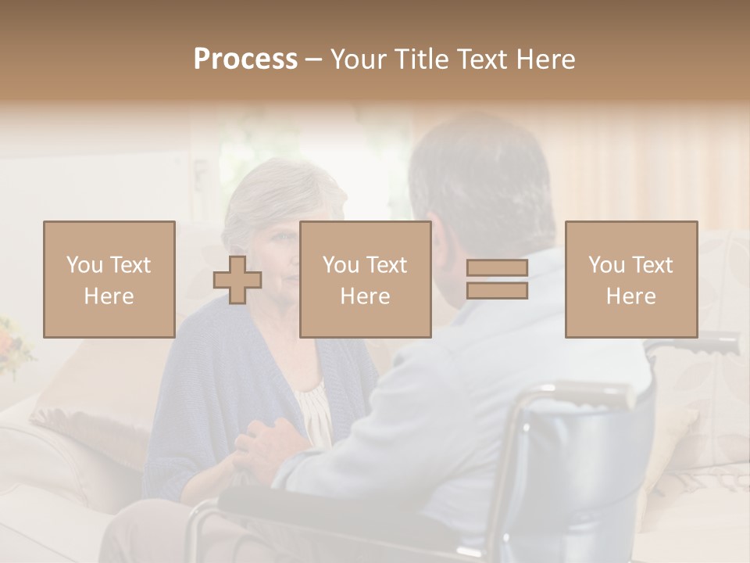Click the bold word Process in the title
[x=245, y=59]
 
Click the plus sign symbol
[x=237, y=280]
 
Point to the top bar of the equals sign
[x=497, y=268]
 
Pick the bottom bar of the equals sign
[x=497, y=291]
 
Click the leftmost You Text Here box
[x=109, y=280]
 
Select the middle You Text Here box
[x=366, y=280]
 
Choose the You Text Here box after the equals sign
[x=631, y=280]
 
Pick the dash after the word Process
[x=314, y=60]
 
